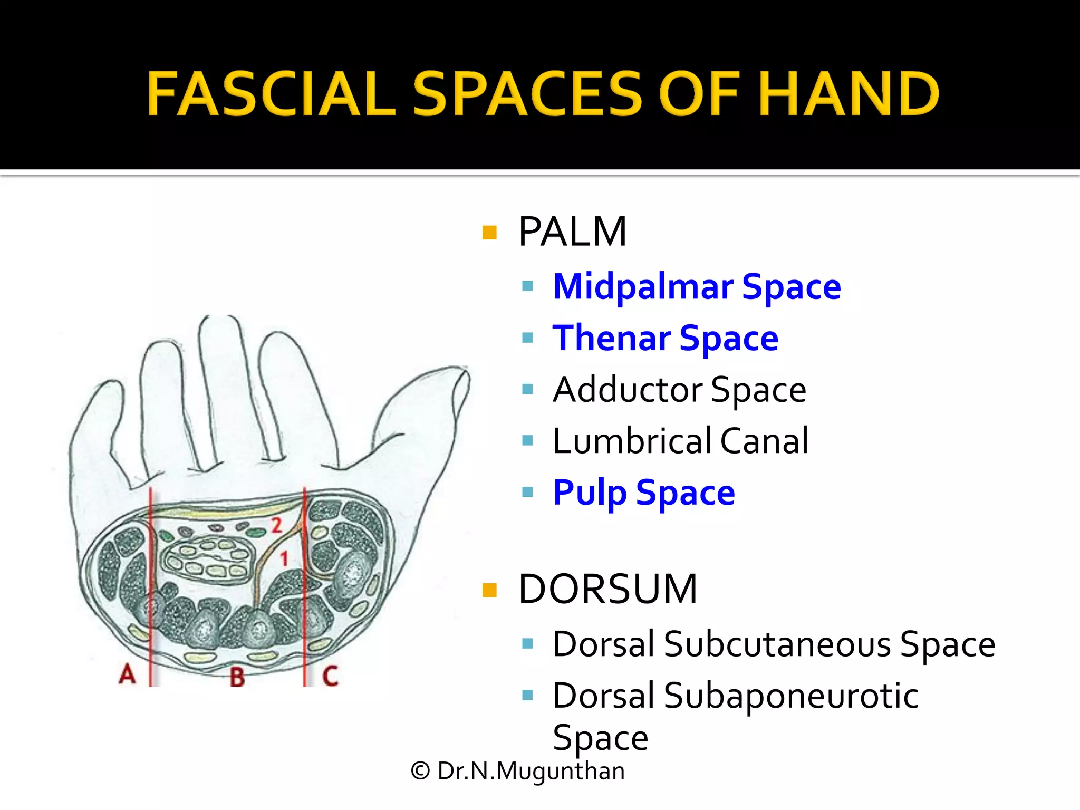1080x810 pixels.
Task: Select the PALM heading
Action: tap(572, 232)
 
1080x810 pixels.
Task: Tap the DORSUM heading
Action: tap(607, 589)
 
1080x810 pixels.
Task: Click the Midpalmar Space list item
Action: tap(697, 287)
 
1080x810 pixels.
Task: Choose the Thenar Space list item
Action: tap(665, 338)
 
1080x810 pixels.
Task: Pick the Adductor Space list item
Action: tap(679, 390)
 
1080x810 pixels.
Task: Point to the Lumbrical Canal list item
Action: tap(680, 441)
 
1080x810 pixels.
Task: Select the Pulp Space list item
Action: tap(643, 493)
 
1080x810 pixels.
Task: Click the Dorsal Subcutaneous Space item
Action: tap(774, 644)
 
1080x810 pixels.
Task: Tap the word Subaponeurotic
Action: tap(791, 696)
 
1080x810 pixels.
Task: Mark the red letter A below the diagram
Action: tap(127, 673)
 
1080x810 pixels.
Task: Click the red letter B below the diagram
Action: tap(237, 677)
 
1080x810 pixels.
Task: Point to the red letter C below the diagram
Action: tap(330, 676)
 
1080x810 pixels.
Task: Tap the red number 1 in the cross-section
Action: tap(284, 558)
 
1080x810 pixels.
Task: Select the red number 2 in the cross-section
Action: tap(276, 525)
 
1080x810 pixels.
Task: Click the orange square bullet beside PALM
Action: tap(489, 233)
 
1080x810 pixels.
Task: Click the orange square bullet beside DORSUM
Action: tap(489, 590)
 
